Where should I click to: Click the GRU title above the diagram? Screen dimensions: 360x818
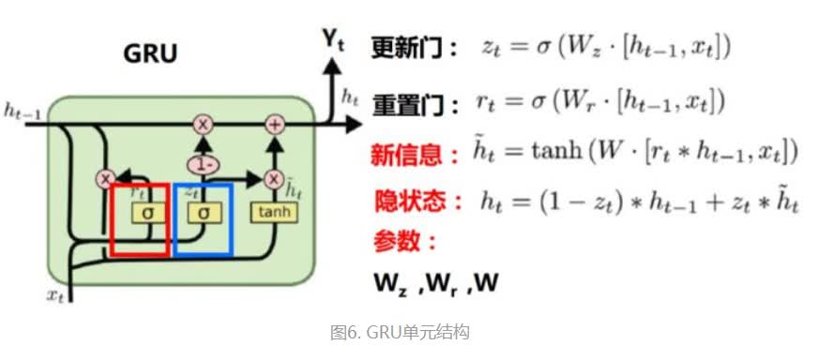pyautogui.click(x=150, y=54)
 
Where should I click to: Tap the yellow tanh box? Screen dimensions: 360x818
pyautogui.click(x=273, y=213)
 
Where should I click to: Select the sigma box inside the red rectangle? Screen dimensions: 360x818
pyautogui.click(x=146, y=213)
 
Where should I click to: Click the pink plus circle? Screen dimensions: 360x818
pyautogui.click(x=275, y=124)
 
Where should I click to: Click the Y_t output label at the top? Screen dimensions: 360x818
pyautogui.click(x=332, y=37)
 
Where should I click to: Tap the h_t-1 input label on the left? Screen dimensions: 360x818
pyautogui.click(x=22, y=112)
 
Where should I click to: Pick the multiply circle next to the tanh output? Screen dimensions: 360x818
pyautogui.click(x=275, y=178)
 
